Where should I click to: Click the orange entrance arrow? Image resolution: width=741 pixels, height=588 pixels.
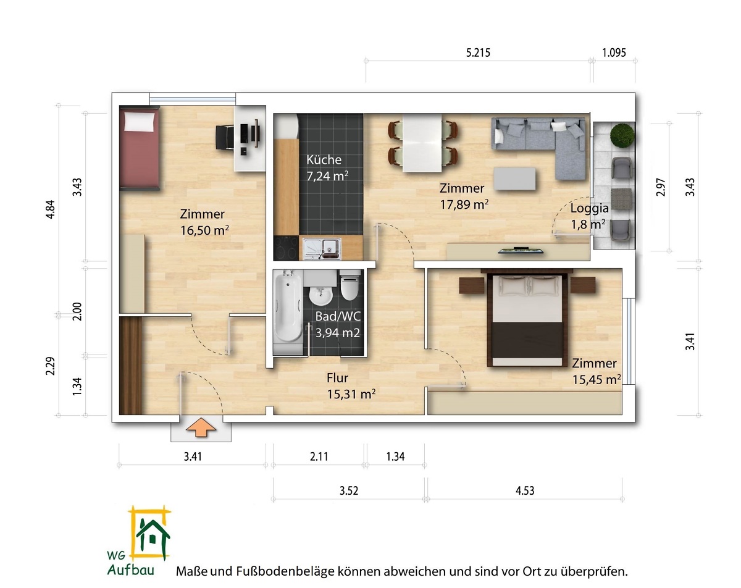point(201,428)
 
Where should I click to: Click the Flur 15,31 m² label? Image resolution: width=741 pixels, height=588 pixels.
point(351,386)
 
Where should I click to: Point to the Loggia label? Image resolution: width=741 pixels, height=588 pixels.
point(589,208)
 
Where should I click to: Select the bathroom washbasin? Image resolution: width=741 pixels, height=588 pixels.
point(320,296)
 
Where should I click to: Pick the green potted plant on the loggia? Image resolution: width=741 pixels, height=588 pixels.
point(622,135)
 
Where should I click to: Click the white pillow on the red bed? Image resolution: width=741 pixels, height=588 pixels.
point(140,122)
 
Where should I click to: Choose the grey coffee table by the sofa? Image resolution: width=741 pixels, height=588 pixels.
point(515,178)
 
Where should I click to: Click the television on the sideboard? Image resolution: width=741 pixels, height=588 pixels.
point(521,250)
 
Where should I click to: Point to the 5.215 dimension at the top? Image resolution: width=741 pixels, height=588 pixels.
point(478,52)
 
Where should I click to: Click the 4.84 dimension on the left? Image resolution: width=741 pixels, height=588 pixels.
point(50,209)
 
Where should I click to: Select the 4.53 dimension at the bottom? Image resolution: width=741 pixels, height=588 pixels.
point(525,490)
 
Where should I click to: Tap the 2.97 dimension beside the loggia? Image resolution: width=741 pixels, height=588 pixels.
point(661,187)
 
